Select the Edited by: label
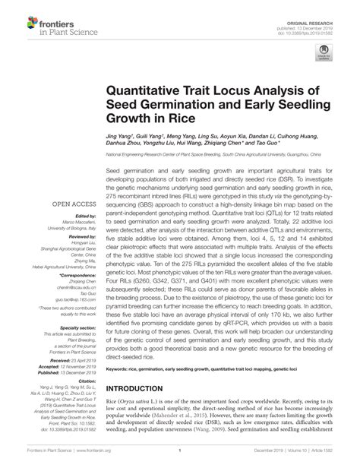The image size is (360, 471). pyautogui.click(x=80, y=216)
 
